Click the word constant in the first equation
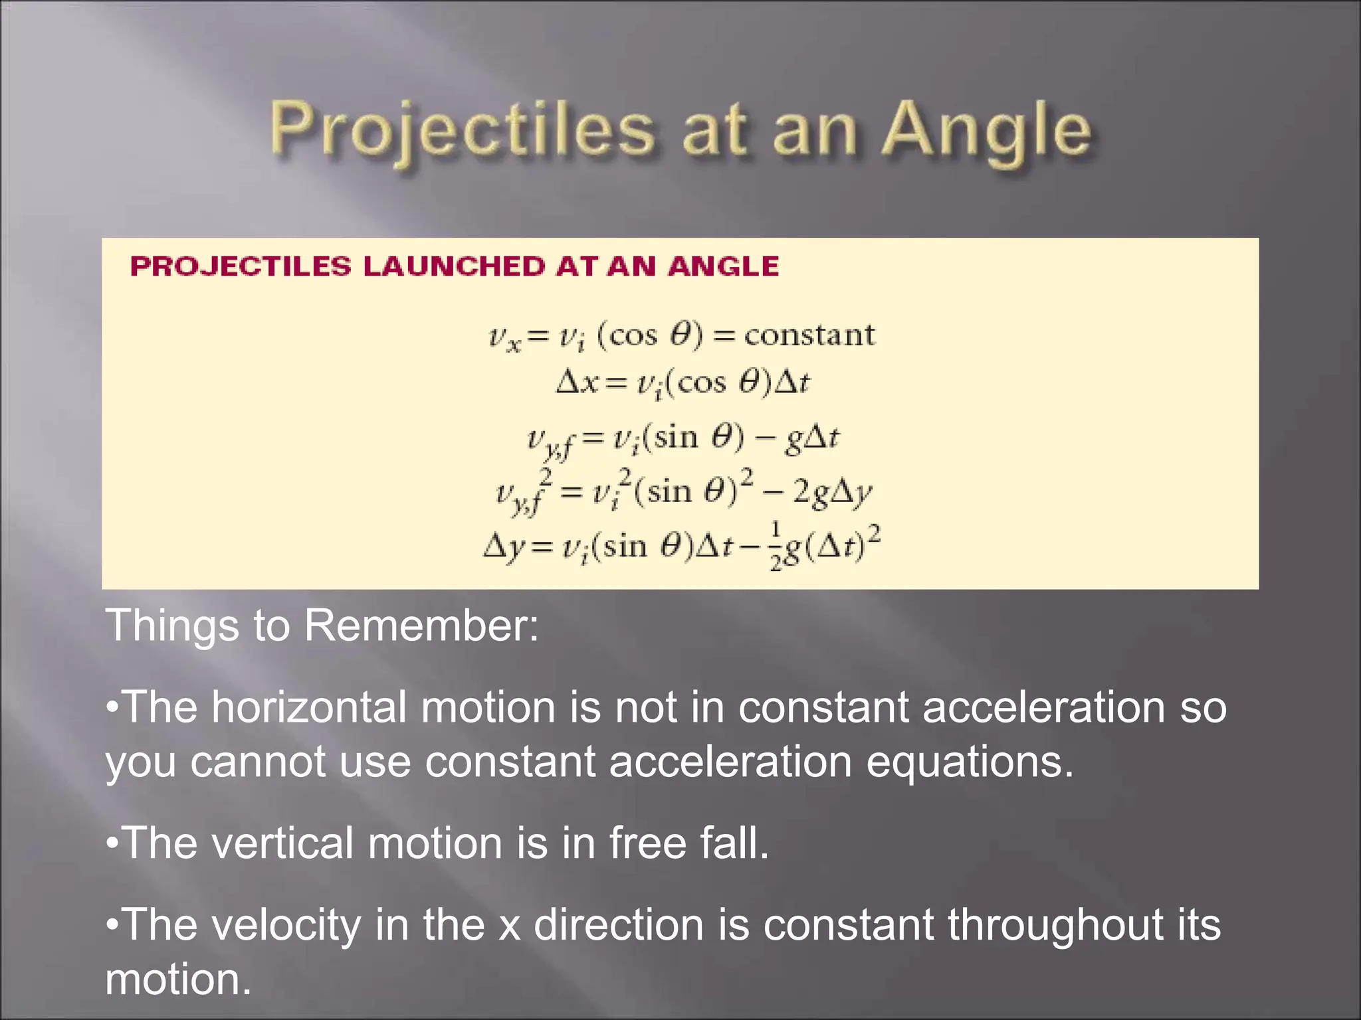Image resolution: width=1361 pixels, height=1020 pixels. [809, 335]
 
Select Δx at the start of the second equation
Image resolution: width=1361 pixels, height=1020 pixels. [577, 383]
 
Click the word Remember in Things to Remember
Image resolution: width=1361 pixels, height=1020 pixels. [421, 626]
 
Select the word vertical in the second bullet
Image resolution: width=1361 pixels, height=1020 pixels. [282, 843]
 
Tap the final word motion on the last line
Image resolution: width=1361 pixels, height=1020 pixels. [178, 979]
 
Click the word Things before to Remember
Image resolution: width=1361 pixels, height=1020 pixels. [172, 626]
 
